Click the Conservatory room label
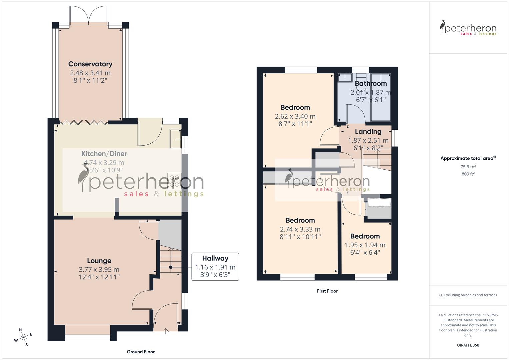tap(90, 64)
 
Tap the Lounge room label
tap(99, 261)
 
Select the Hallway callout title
tap(215, 258)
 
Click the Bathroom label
tap(371, 83)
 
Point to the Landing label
tap(368, 132)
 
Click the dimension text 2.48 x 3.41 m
tap(90, 73)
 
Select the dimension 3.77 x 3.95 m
tap(99, 269)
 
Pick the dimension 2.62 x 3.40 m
tap(295, 116)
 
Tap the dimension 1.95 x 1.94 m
tap(365, 245)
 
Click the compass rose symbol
tap(23, 337)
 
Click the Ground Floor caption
tap(141, 352)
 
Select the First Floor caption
tap(327, 291)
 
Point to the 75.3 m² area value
tap(468, 167)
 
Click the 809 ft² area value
tap(468, 174)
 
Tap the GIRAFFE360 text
tap(468, 345)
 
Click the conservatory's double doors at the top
tap(89, 15)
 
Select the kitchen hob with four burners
tap(174, 181)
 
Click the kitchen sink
tap(175, 139)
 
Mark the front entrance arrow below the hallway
tap(166, 331)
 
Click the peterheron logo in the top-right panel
tap(468, 28)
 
